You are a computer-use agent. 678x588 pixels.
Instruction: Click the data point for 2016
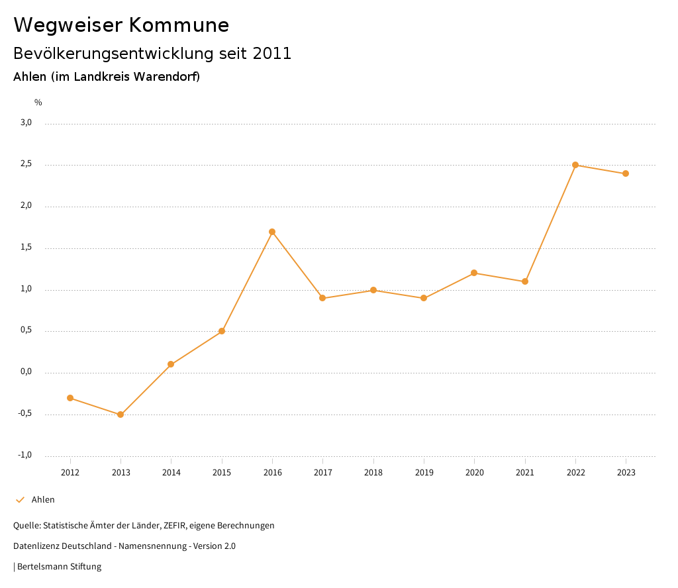point(272,232)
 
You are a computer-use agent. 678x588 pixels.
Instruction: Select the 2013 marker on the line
point(121,415)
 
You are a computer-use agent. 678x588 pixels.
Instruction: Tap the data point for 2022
point(575,165)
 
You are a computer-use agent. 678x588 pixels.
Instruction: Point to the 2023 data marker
point(626,173)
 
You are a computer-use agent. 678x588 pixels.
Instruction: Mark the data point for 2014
point(171,364)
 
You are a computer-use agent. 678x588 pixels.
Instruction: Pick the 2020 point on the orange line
point(474,273)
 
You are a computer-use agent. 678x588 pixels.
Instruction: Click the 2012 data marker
point(70,398)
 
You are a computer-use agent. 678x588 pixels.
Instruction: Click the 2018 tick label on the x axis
point(373,472)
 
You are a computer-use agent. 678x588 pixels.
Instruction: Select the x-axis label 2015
point(222,472)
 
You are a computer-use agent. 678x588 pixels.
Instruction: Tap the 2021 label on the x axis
point(525,472)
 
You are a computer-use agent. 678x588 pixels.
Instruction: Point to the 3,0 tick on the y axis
point(26,122)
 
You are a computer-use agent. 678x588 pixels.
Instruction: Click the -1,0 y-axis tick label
point(25,455)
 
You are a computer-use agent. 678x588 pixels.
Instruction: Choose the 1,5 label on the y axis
point(26,247)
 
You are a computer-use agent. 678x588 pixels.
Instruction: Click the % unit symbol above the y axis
point(38,103)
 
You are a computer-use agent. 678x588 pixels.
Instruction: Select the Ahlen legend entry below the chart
point(43,500)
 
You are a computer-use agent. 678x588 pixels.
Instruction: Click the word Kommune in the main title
point(179,25)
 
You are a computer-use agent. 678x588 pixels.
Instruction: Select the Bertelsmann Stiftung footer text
point(59,567)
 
